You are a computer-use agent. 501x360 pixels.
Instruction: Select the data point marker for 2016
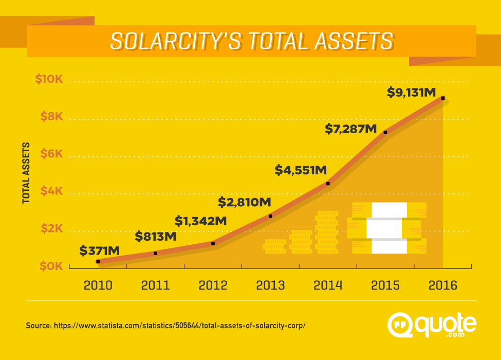[443, 98]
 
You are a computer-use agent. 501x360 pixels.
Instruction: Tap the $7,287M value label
[351, 129]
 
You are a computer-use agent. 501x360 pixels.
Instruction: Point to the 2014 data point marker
[328, 184]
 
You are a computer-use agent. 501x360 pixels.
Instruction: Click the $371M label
[100, 250]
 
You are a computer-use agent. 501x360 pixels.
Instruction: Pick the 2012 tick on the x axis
[213, 285]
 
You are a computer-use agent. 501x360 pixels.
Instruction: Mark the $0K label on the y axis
[51, 266]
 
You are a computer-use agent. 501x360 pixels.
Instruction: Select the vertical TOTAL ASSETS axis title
[26, 173]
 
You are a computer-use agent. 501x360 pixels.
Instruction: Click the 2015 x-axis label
[385, 285]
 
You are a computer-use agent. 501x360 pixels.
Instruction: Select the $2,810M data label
[245, 202]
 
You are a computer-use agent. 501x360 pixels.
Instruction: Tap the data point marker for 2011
[156, 253]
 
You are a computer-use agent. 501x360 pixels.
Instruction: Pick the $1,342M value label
[201, 221]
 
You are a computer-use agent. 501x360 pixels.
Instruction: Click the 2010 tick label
[98, 285]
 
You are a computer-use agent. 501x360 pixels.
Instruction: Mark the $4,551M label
[301, 169]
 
